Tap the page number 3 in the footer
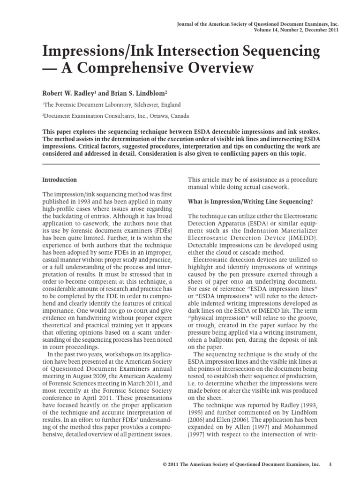pos(330,464)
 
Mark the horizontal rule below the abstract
pos(181,164)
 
